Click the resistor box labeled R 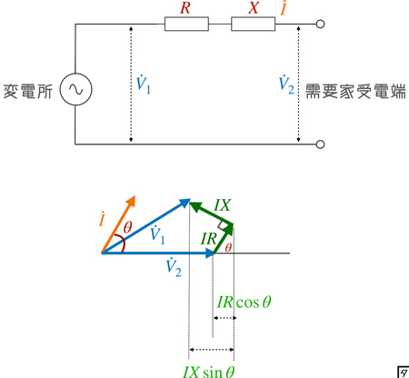(186, 24)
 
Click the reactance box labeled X (254, 24)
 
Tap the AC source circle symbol (75, 89)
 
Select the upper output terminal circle (320, 24)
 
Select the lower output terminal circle (320, 144)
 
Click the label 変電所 (28, 91)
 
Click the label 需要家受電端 (355, 91)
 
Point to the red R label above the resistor (185, 8)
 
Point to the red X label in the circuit (254, 8)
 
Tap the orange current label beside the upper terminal (284, 8)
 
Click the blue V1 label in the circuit (143, 85)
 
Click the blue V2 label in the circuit (286, 85)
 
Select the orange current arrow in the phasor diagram (118, 224)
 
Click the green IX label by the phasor (223, 205)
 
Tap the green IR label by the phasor (209, 239)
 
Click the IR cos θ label (244, 302)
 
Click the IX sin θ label (209, 372)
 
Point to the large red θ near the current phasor (127, 227)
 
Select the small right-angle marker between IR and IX (222, 225)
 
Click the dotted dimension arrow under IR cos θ (224, 318)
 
